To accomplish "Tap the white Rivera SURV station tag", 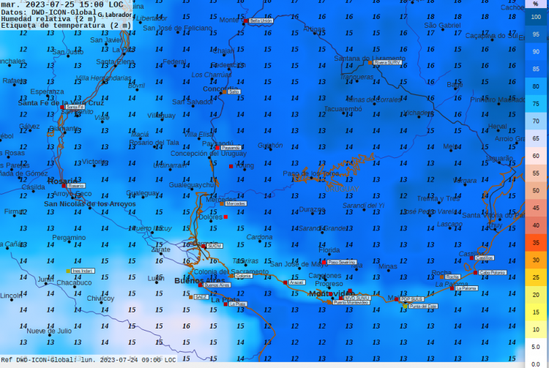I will [387, 63].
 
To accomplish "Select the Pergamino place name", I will [69, 238].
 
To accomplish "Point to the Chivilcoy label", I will [100, 298].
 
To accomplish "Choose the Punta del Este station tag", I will [423, 306].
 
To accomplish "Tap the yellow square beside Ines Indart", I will [68, 271].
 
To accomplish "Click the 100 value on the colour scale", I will [536, 16].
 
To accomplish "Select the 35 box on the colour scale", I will [536, 242].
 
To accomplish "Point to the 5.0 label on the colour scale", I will [536, 347].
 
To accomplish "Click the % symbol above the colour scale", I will [536, 4].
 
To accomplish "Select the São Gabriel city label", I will [443, 25].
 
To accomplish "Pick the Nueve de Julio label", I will [49, 331].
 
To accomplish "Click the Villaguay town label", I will [162, 116].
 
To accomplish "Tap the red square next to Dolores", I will [225, 217].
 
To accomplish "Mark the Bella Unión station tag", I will [261, 21].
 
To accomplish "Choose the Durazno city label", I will [313, 209].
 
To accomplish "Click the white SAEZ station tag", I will [199, 296].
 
